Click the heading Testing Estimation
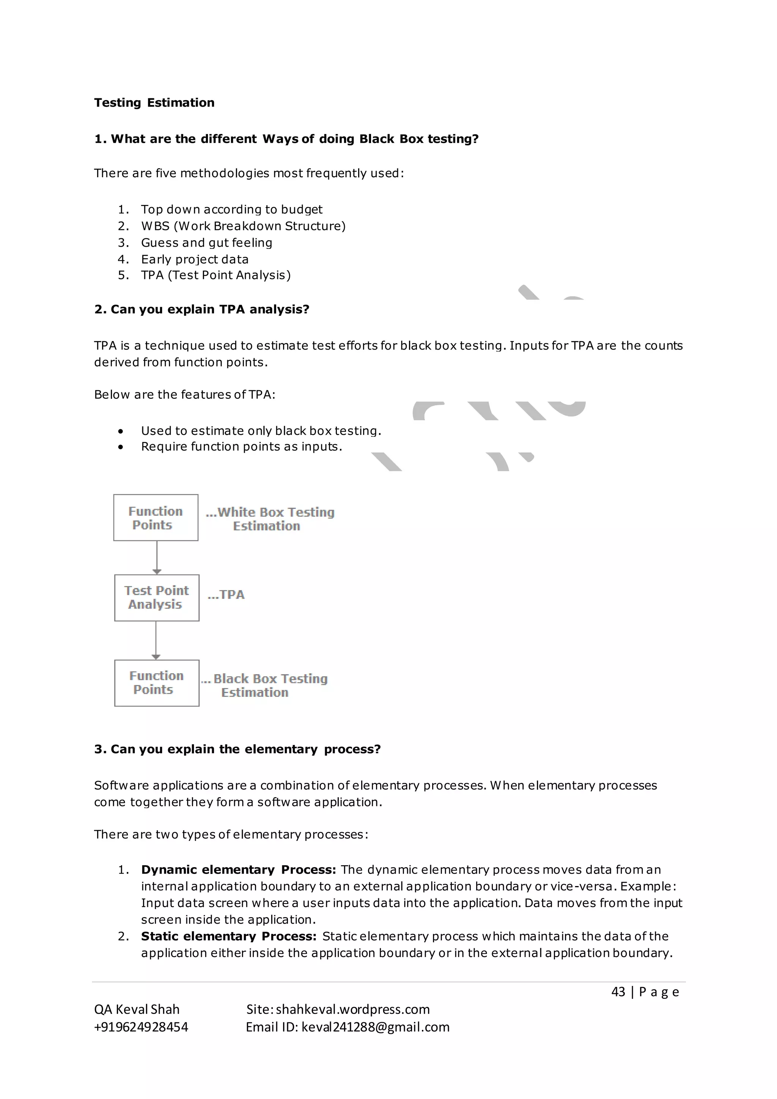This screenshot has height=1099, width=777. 154,103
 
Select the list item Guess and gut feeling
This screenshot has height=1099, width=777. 206,242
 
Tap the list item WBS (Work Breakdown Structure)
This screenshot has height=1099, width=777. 243,226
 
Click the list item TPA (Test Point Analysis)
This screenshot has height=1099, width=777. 216,275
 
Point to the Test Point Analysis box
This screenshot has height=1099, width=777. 156,598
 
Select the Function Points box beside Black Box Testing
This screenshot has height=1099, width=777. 156,683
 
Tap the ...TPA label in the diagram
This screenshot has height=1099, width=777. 226,595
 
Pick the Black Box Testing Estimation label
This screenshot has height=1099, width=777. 264,685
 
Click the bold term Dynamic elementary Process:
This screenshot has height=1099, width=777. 238,870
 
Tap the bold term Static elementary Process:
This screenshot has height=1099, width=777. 229,936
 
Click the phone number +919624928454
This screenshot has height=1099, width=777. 141,1027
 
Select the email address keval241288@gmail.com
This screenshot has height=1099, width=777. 376,1027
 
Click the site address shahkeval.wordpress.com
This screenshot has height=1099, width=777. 352,1009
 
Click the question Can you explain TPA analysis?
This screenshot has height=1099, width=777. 202,310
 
